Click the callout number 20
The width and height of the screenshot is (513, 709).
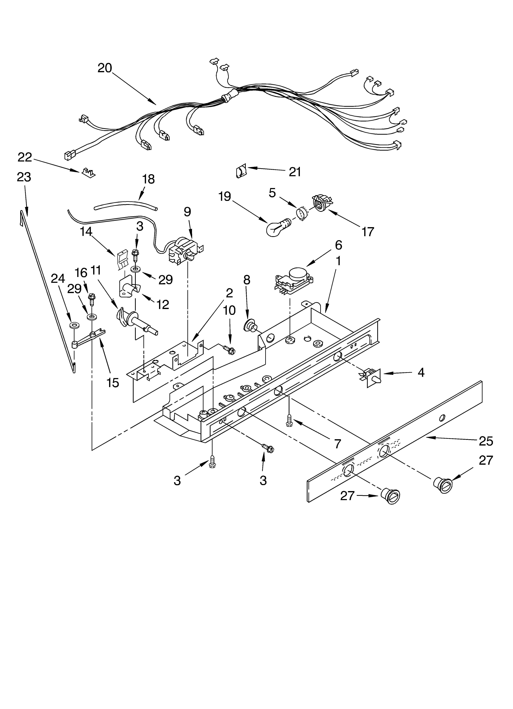(x=105, y=68)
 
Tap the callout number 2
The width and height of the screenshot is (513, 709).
(x=229, y=293)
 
